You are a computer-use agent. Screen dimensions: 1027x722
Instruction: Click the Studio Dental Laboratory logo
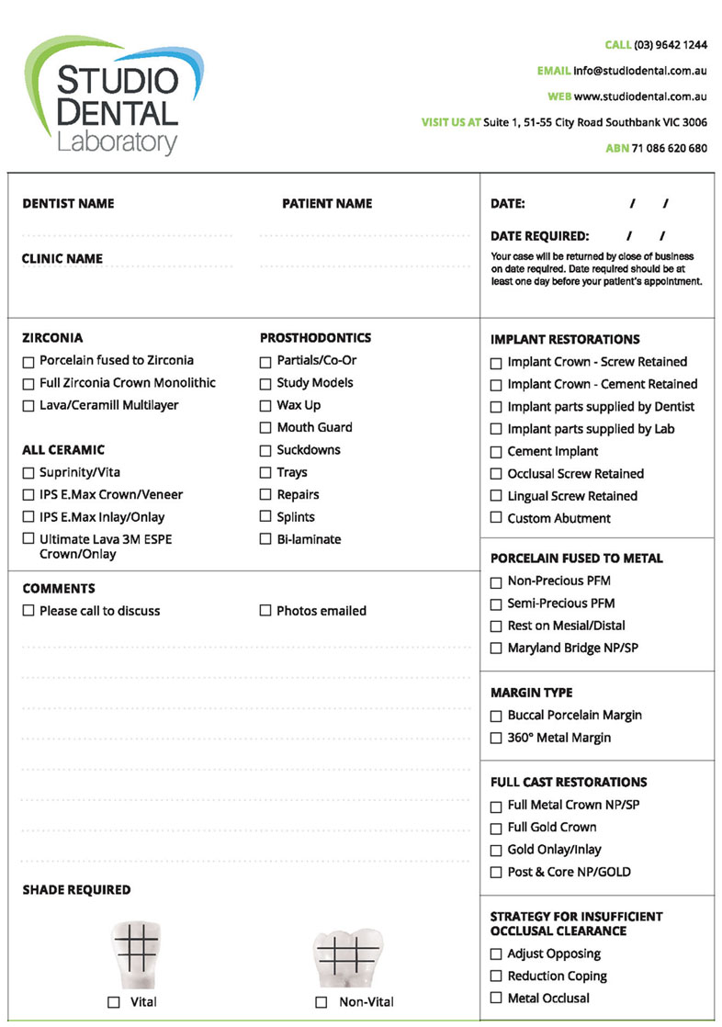click(x=115, y=96)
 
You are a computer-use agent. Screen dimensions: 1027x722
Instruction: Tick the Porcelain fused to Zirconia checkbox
click(x=28, y=361)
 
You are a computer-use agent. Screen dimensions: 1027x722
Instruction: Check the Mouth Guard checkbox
click(x=265, y=428)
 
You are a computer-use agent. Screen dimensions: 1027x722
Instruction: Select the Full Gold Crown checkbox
click(x=496, y=828)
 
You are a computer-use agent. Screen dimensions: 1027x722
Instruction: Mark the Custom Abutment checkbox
click(x=496, y=519)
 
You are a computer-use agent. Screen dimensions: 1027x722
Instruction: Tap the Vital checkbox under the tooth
click(x=114, y=1002)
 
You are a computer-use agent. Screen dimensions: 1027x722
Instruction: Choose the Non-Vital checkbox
click(x=322, y=1002)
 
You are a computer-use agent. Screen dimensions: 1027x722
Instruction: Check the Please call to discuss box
click(x=28, y=611)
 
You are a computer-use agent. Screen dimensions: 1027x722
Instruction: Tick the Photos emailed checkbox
click(x=265, y=611)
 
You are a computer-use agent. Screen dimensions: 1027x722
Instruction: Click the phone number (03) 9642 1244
click(x=671, y=45)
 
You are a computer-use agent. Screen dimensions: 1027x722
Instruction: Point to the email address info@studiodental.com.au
click(x=640, y=71)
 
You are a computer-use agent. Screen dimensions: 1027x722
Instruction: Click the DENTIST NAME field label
click(x=68, y=204)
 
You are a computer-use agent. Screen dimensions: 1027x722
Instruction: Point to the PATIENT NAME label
click(x=327, y=204)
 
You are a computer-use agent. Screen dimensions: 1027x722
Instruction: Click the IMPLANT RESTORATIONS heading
click(x=565, y=339)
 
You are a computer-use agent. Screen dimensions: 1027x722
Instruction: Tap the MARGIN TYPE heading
click(x=532, y=693)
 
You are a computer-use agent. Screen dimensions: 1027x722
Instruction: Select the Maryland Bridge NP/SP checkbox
click(x=496, y=649)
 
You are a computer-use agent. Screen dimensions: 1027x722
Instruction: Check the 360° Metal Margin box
click(x=496, y=739)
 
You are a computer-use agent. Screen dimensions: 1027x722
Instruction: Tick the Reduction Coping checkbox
click(x=496, y=976)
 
